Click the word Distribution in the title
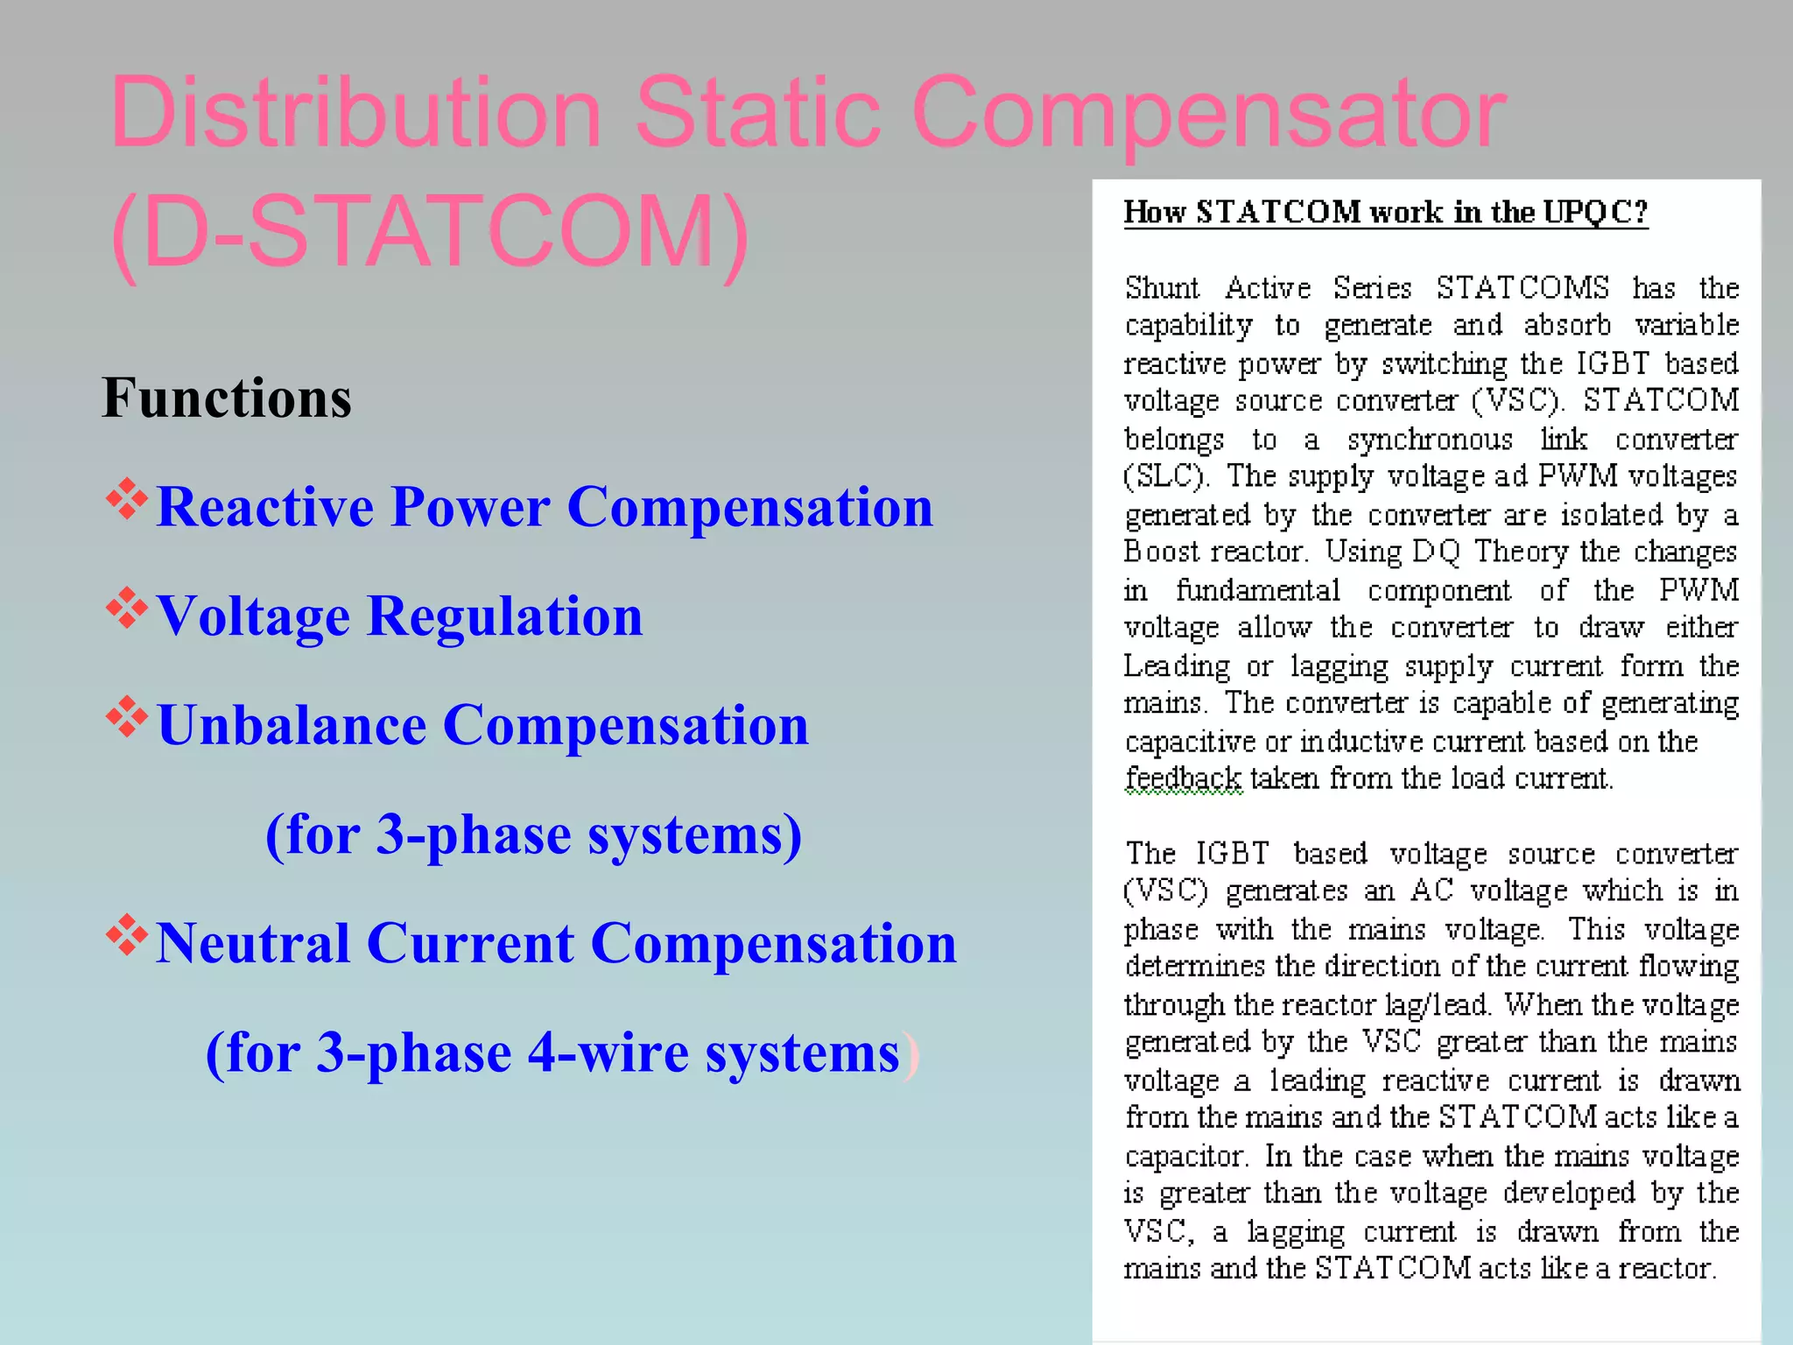(x=355, y=114)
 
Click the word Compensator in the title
(x=1208, y=114)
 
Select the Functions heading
(x=227, y=398)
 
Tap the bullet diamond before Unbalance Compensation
(x=127, y=718)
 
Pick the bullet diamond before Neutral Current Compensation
(x=127, y=936)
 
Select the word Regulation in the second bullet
(x=505, y=616)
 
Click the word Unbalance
(x=292, y=726)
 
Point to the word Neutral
(x=253, y=944)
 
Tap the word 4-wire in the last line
(x=608, y=1053)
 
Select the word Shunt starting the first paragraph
(x=1162, y=288)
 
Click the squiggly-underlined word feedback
(x=1183, y=778)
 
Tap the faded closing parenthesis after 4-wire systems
(x=912, y=1054)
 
